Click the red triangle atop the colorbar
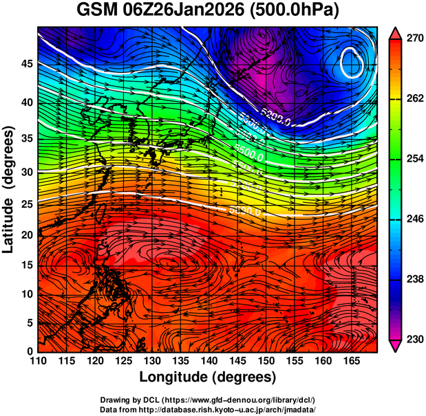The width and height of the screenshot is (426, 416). [396, 32]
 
